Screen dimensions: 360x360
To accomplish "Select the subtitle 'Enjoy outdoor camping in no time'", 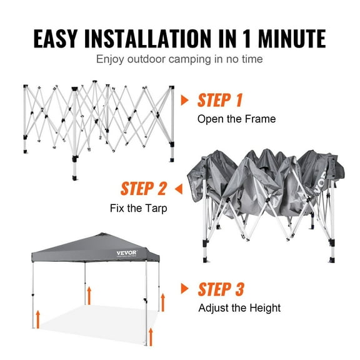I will point(179,60).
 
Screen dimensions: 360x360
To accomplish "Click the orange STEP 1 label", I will point(219,100).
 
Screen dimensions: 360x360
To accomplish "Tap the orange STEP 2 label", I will point(144,187).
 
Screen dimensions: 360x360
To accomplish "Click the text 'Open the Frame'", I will point(227,119).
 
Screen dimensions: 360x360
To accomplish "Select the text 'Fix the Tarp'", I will point(143,206).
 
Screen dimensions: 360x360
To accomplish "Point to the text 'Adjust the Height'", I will point(239,307).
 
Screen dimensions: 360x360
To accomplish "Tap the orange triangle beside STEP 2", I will point(179,187).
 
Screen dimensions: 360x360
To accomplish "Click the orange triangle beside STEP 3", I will point(185,288).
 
